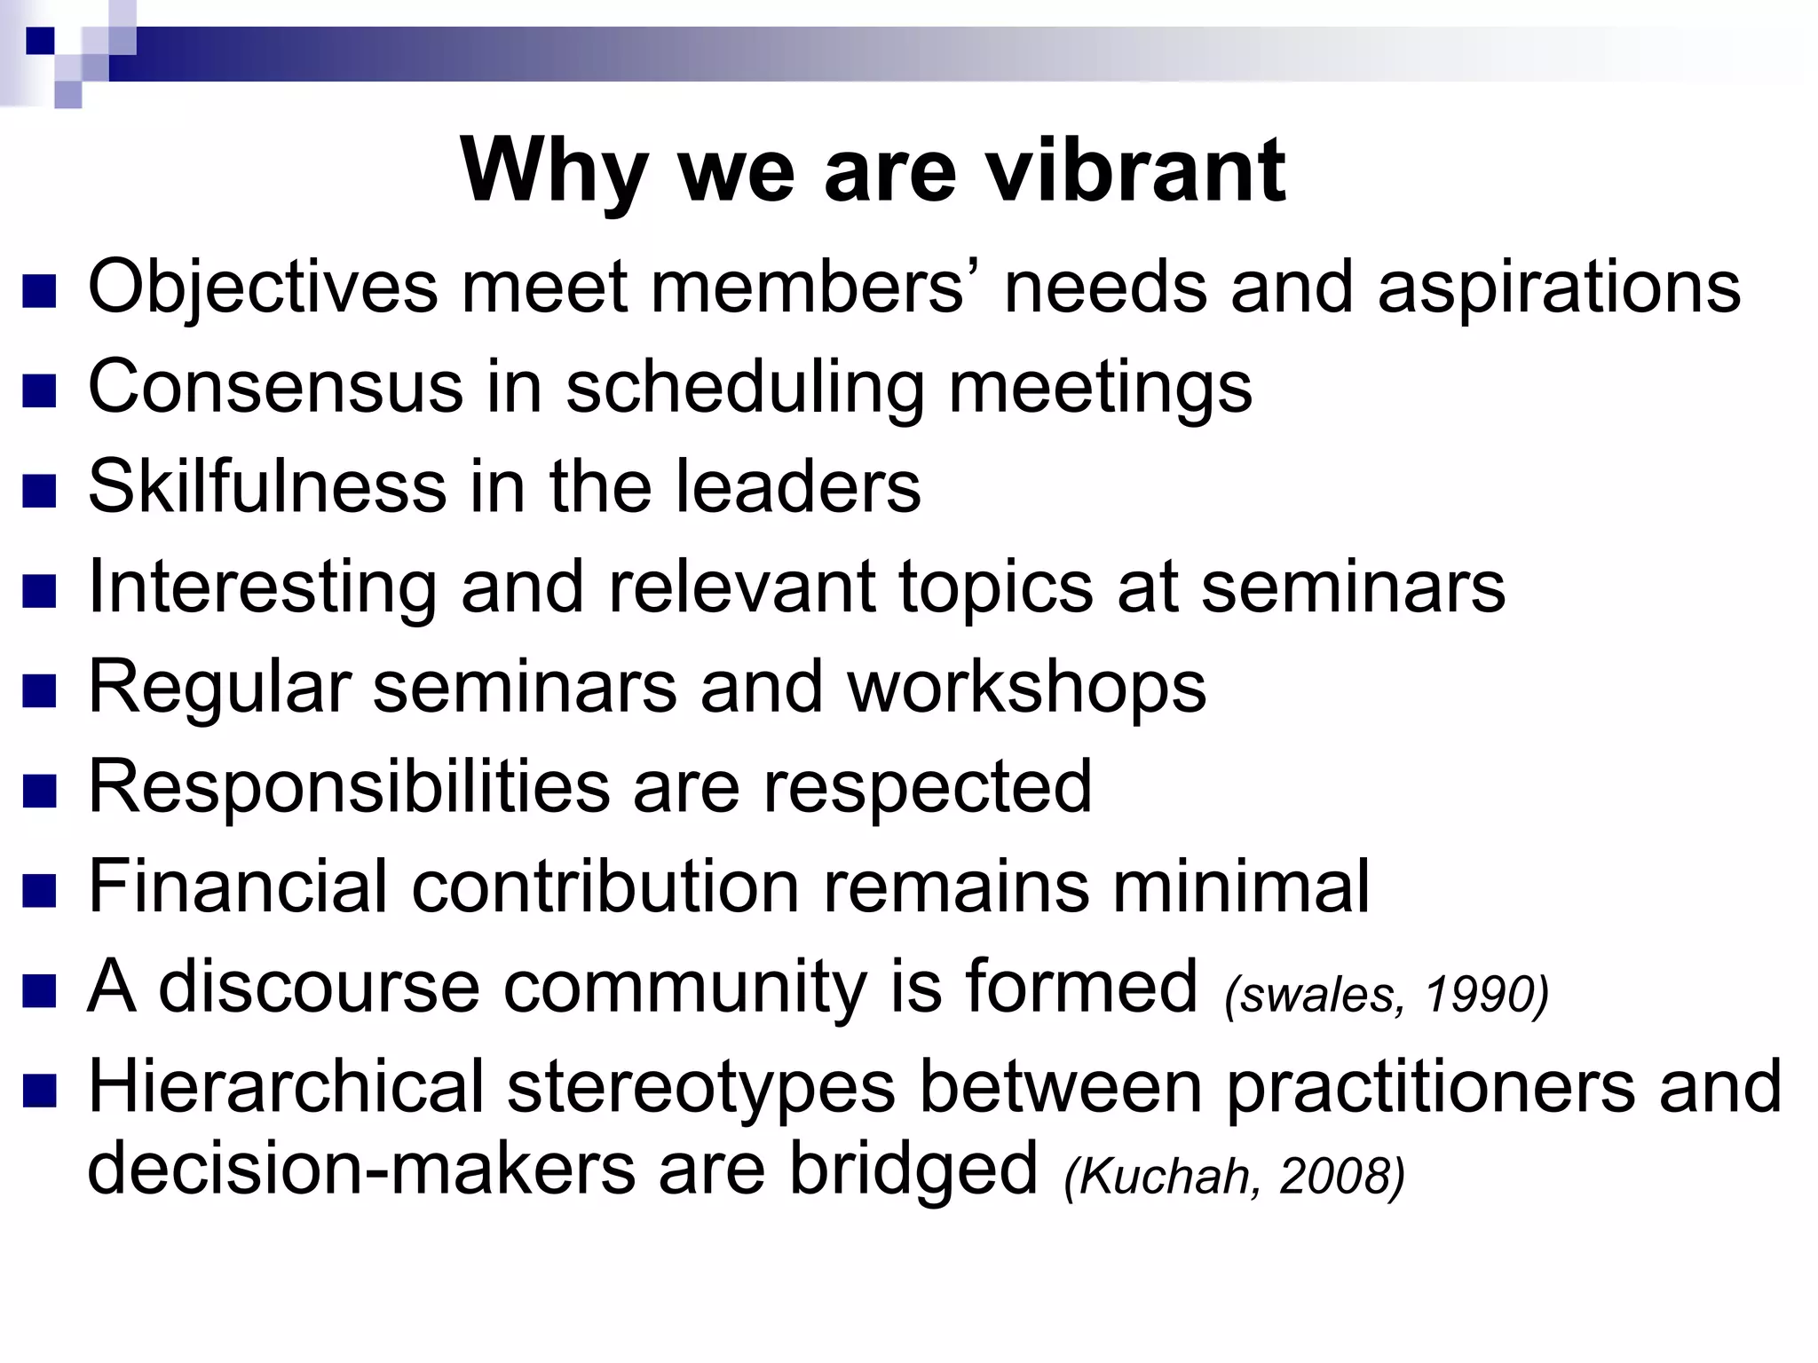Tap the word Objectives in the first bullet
coord(263,288)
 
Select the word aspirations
coord(1559,288)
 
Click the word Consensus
coord(275,387)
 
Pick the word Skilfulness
coord(267,486)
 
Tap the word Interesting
coord(263,587)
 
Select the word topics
coord(996,587)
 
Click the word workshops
coord(1026,687)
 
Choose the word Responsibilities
coord(348,786)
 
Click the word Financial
coord(238,886)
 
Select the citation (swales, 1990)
coord(1386,994)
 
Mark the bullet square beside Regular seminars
coord(40,689)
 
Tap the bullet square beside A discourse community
coord(40,989)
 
